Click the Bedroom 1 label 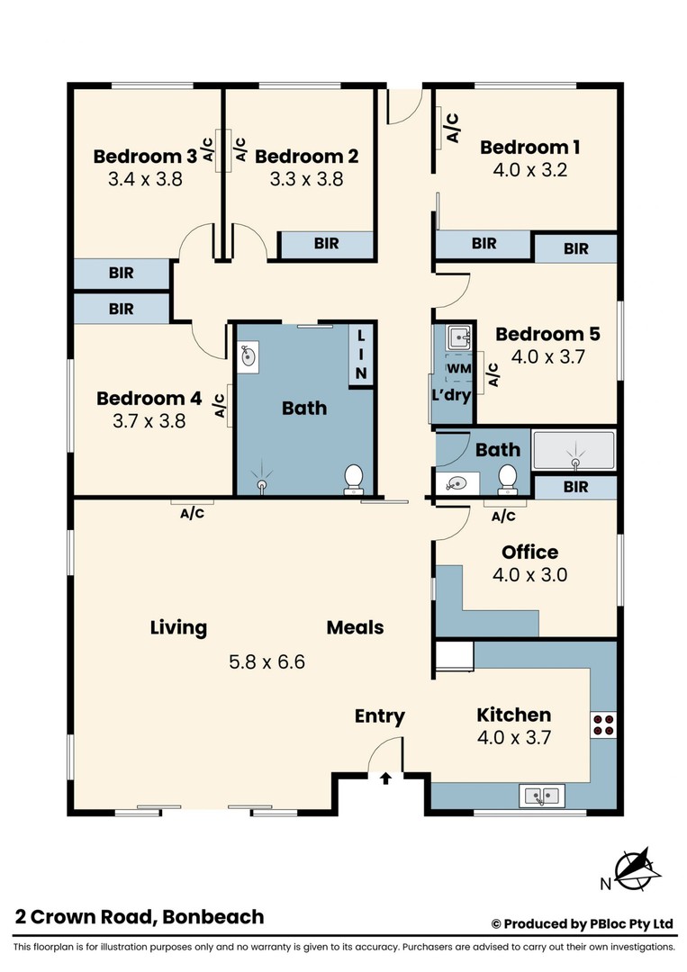529,147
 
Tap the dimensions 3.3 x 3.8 306,179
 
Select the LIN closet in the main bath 361,355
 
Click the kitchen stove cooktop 603,724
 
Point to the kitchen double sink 541,796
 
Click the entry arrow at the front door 385,778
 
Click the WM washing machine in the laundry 459,369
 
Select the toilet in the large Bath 354,480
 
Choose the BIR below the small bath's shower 575,487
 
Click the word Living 178,627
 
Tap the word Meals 356,627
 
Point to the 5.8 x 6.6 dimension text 267,662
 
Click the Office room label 529,552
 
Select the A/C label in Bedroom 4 220,405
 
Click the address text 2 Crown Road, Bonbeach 140,917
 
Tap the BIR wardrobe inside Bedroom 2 327,244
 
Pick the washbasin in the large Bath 249,355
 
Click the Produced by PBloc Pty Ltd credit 583,924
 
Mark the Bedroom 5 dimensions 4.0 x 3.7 548,357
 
